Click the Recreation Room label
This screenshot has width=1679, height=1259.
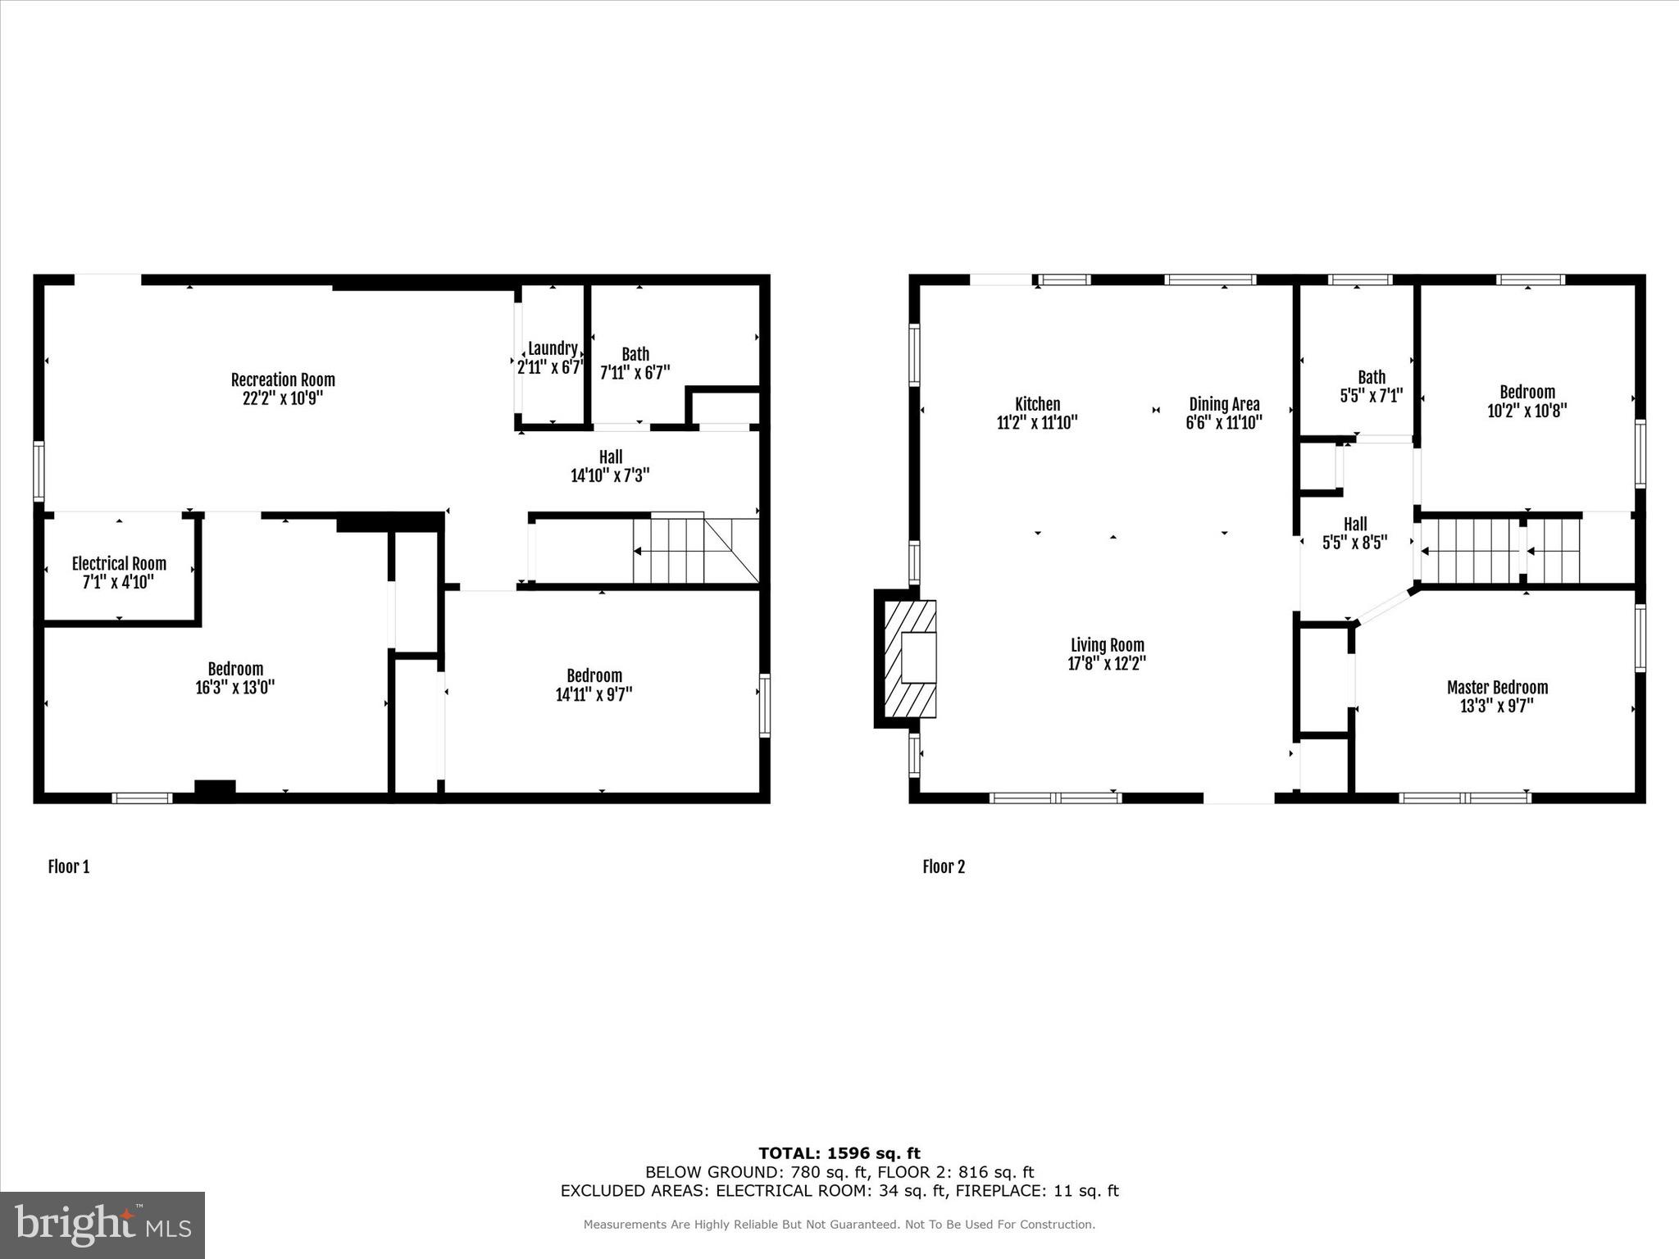pos(283,380)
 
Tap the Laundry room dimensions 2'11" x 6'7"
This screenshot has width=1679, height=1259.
pos(550,368)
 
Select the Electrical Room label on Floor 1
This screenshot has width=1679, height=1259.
pos(119,563)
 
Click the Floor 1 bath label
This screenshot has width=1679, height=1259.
pos(635,354)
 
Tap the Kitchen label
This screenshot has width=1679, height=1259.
pos(1037,403)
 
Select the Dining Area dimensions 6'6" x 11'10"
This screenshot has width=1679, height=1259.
pos(1224,423)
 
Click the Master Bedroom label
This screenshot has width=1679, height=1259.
pos(1497,687)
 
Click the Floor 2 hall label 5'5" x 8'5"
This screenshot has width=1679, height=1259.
pos(1355,533)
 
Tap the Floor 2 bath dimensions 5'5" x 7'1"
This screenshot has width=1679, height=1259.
pos(1372,396)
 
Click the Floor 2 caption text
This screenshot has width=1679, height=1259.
pos(944,866)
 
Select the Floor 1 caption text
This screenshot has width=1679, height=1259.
pos(69,866)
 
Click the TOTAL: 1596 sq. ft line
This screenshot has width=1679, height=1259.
pos(839,1153)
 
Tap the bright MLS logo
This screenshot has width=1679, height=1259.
pos(102,1225)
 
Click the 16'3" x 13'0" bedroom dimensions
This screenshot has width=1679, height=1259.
pos(235,688)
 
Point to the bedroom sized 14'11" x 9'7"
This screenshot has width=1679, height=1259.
pos(594,685)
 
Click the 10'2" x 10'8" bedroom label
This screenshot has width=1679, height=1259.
pos(1527,402)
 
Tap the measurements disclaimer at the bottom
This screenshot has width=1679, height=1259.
pos(839,1225)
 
